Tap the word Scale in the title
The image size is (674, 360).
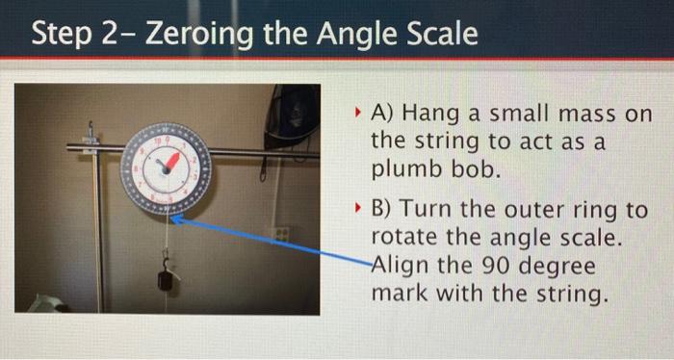coord(439,36)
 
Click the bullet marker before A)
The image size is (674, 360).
coord(355,114)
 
